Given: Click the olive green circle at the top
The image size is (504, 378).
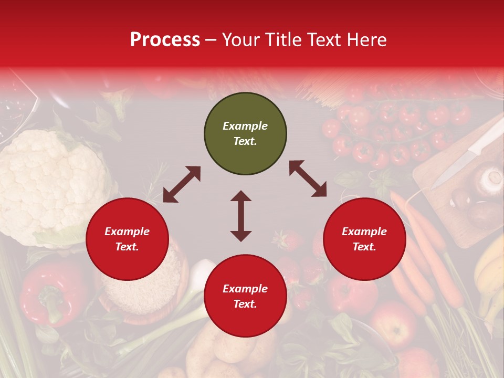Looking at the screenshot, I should (x=245, y=134).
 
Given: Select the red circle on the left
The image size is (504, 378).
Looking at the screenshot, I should (x=127, y=239).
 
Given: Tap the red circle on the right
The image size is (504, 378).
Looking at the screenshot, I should (x=364, y=239).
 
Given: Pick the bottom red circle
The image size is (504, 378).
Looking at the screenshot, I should (x=245, y=296).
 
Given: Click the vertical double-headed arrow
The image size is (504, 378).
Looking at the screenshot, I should (x=241, y=216).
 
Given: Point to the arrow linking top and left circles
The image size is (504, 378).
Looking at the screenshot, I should (x=182, y=184).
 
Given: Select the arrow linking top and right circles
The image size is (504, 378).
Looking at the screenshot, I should (x=308, y=178).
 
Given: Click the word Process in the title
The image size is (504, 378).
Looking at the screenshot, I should (x=165, y=40).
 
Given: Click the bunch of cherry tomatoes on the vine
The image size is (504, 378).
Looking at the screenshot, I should (x=394, y=131).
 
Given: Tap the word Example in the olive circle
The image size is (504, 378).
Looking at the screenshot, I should (x=245, y=126).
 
